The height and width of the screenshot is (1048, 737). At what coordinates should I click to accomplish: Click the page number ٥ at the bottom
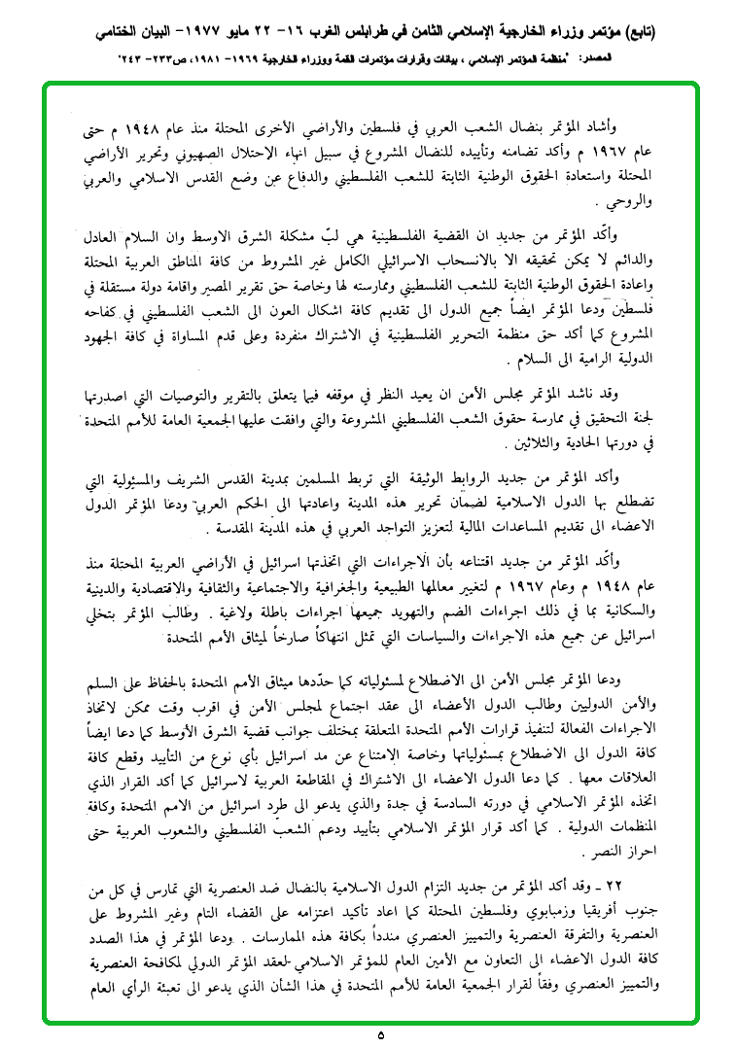pos(381,1034)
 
